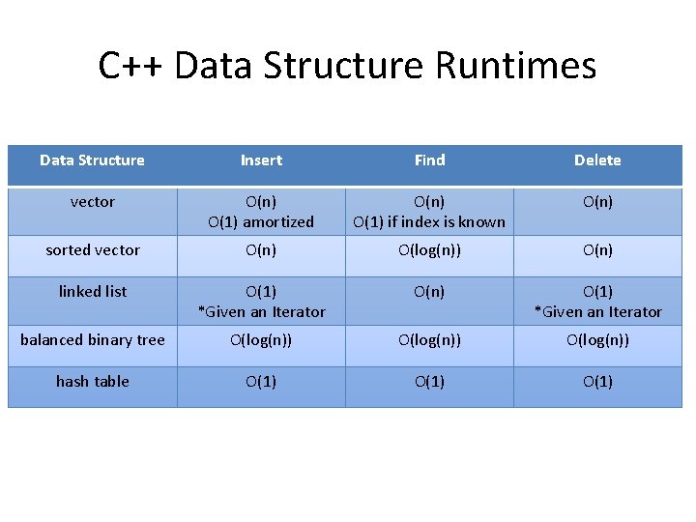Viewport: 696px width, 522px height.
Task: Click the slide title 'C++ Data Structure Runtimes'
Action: (x=347, y=66)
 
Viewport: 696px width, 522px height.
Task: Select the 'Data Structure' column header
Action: (x=92, y=160)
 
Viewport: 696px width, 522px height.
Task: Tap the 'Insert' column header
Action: (x=261, y=160)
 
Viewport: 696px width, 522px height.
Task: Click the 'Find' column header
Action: (x=429, y=160)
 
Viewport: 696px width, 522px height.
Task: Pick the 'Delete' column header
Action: (x=597, y=160)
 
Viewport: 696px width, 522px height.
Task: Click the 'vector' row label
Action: (x=93, y=202)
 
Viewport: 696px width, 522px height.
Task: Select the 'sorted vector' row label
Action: (x=93, y=250)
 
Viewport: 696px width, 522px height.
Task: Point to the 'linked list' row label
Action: (x=93, y=291)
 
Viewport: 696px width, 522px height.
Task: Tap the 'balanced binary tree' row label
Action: (x=93, y=339)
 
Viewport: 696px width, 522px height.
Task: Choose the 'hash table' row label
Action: (x=93, y=381)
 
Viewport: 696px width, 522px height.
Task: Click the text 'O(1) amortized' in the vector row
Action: (x=261, y=222)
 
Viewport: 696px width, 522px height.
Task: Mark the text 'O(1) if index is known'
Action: (x=429, y=222)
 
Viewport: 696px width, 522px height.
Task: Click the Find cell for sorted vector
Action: (x=429, y=250)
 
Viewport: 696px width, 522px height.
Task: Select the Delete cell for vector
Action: (x=597, y=202)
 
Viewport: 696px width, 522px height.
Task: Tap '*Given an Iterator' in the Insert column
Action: (x=261, y=311)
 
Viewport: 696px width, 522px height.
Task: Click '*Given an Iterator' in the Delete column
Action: (x=597, y=311)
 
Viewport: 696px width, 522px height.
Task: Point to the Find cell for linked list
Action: (x=429, y=291)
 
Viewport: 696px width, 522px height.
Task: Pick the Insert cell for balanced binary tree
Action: (x=261, y=339)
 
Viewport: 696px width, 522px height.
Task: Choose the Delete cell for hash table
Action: (x=597, y=381)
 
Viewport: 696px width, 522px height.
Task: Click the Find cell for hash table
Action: (x=429, y=381)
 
